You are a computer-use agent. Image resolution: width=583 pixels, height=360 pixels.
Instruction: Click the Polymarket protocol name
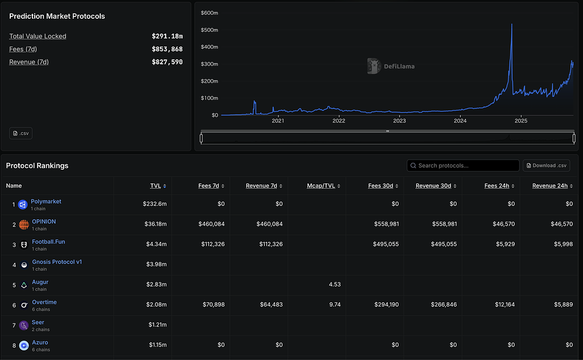(x=46, y=201)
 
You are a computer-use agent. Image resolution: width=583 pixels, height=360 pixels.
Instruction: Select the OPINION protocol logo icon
(x=24, y=224)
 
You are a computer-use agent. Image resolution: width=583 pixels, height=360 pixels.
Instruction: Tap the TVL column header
(x=155, y=186)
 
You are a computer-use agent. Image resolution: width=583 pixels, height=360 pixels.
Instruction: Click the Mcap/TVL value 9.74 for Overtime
(x=335, y=304)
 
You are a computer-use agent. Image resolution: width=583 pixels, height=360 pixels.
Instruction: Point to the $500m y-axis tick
(x=210, y=30)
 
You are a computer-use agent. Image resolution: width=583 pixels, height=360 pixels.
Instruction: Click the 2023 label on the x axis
(x=399, y=121)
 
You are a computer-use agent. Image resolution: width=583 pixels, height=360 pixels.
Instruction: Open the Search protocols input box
(x=463, y=166)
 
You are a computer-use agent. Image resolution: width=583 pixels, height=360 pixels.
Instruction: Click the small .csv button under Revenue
(x=21, y=133)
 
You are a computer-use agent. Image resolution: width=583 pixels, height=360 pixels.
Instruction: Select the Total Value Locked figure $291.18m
(x=167, y=36)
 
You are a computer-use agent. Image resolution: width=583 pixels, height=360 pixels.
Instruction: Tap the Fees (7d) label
(x=23, y=49)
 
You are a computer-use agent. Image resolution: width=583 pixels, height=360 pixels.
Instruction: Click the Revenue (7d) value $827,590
(x=167, y=62)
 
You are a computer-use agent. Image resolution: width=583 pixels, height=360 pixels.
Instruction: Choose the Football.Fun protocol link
(x=48, y=242)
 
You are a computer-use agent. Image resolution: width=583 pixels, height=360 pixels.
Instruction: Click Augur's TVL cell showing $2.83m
(x=156, y=284)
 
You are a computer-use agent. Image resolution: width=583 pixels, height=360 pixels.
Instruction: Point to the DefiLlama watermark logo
(x=373, y=66)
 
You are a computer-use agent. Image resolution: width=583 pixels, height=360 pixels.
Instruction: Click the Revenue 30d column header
(x=433, y=186)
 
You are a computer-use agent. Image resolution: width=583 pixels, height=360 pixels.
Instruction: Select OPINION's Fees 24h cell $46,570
(x=504, y=224)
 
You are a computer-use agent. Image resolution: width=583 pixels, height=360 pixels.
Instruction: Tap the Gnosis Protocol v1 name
(x=57, y=261)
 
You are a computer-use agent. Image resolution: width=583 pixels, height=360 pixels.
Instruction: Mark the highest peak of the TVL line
(x=512, y=24)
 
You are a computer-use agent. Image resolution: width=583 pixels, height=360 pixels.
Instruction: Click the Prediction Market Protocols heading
(x=57, y=16)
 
